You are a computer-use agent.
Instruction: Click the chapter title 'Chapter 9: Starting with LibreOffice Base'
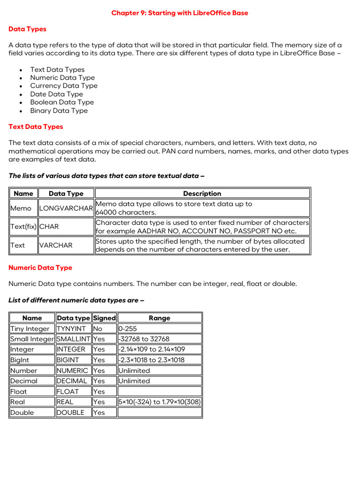pos(180,13)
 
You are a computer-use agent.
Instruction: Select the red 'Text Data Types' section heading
pos(36,127)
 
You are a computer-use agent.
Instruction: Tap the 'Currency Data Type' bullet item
pos(64,86)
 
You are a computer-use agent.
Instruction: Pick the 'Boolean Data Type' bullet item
pos(62,102)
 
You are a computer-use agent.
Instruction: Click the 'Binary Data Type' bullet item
pos(59,111)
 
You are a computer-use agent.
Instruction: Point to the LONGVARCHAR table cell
pos(66,208)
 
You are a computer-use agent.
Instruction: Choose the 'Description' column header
pos(202,194)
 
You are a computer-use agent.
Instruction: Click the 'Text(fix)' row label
pos(23,227)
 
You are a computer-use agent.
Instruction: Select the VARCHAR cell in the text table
pos(56,245)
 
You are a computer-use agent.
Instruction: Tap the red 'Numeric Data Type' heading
pos(40,268)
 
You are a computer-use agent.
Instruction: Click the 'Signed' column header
pos(104,318)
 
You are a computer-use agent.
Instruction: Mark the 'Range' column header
pos(159,318)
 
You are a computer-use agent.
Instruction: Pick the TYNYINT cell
pos(70,329)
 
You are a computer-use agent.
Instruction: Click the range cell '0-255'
pos(128,329)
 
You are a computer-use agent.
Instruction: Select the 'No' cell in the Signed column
pos(97,329)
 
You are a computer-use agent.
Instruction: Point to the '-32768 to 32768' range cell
pos(144,339)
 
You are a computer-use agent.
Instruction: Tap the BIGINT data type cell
pos(68,360)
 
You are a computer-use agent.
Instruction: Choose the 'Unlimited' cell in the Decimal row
pos(134,381)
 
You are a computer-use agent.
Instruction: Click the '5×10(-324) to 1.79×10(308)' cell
pos(159,402)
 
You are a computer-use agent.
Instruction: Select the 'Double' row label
pos(22,412)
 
